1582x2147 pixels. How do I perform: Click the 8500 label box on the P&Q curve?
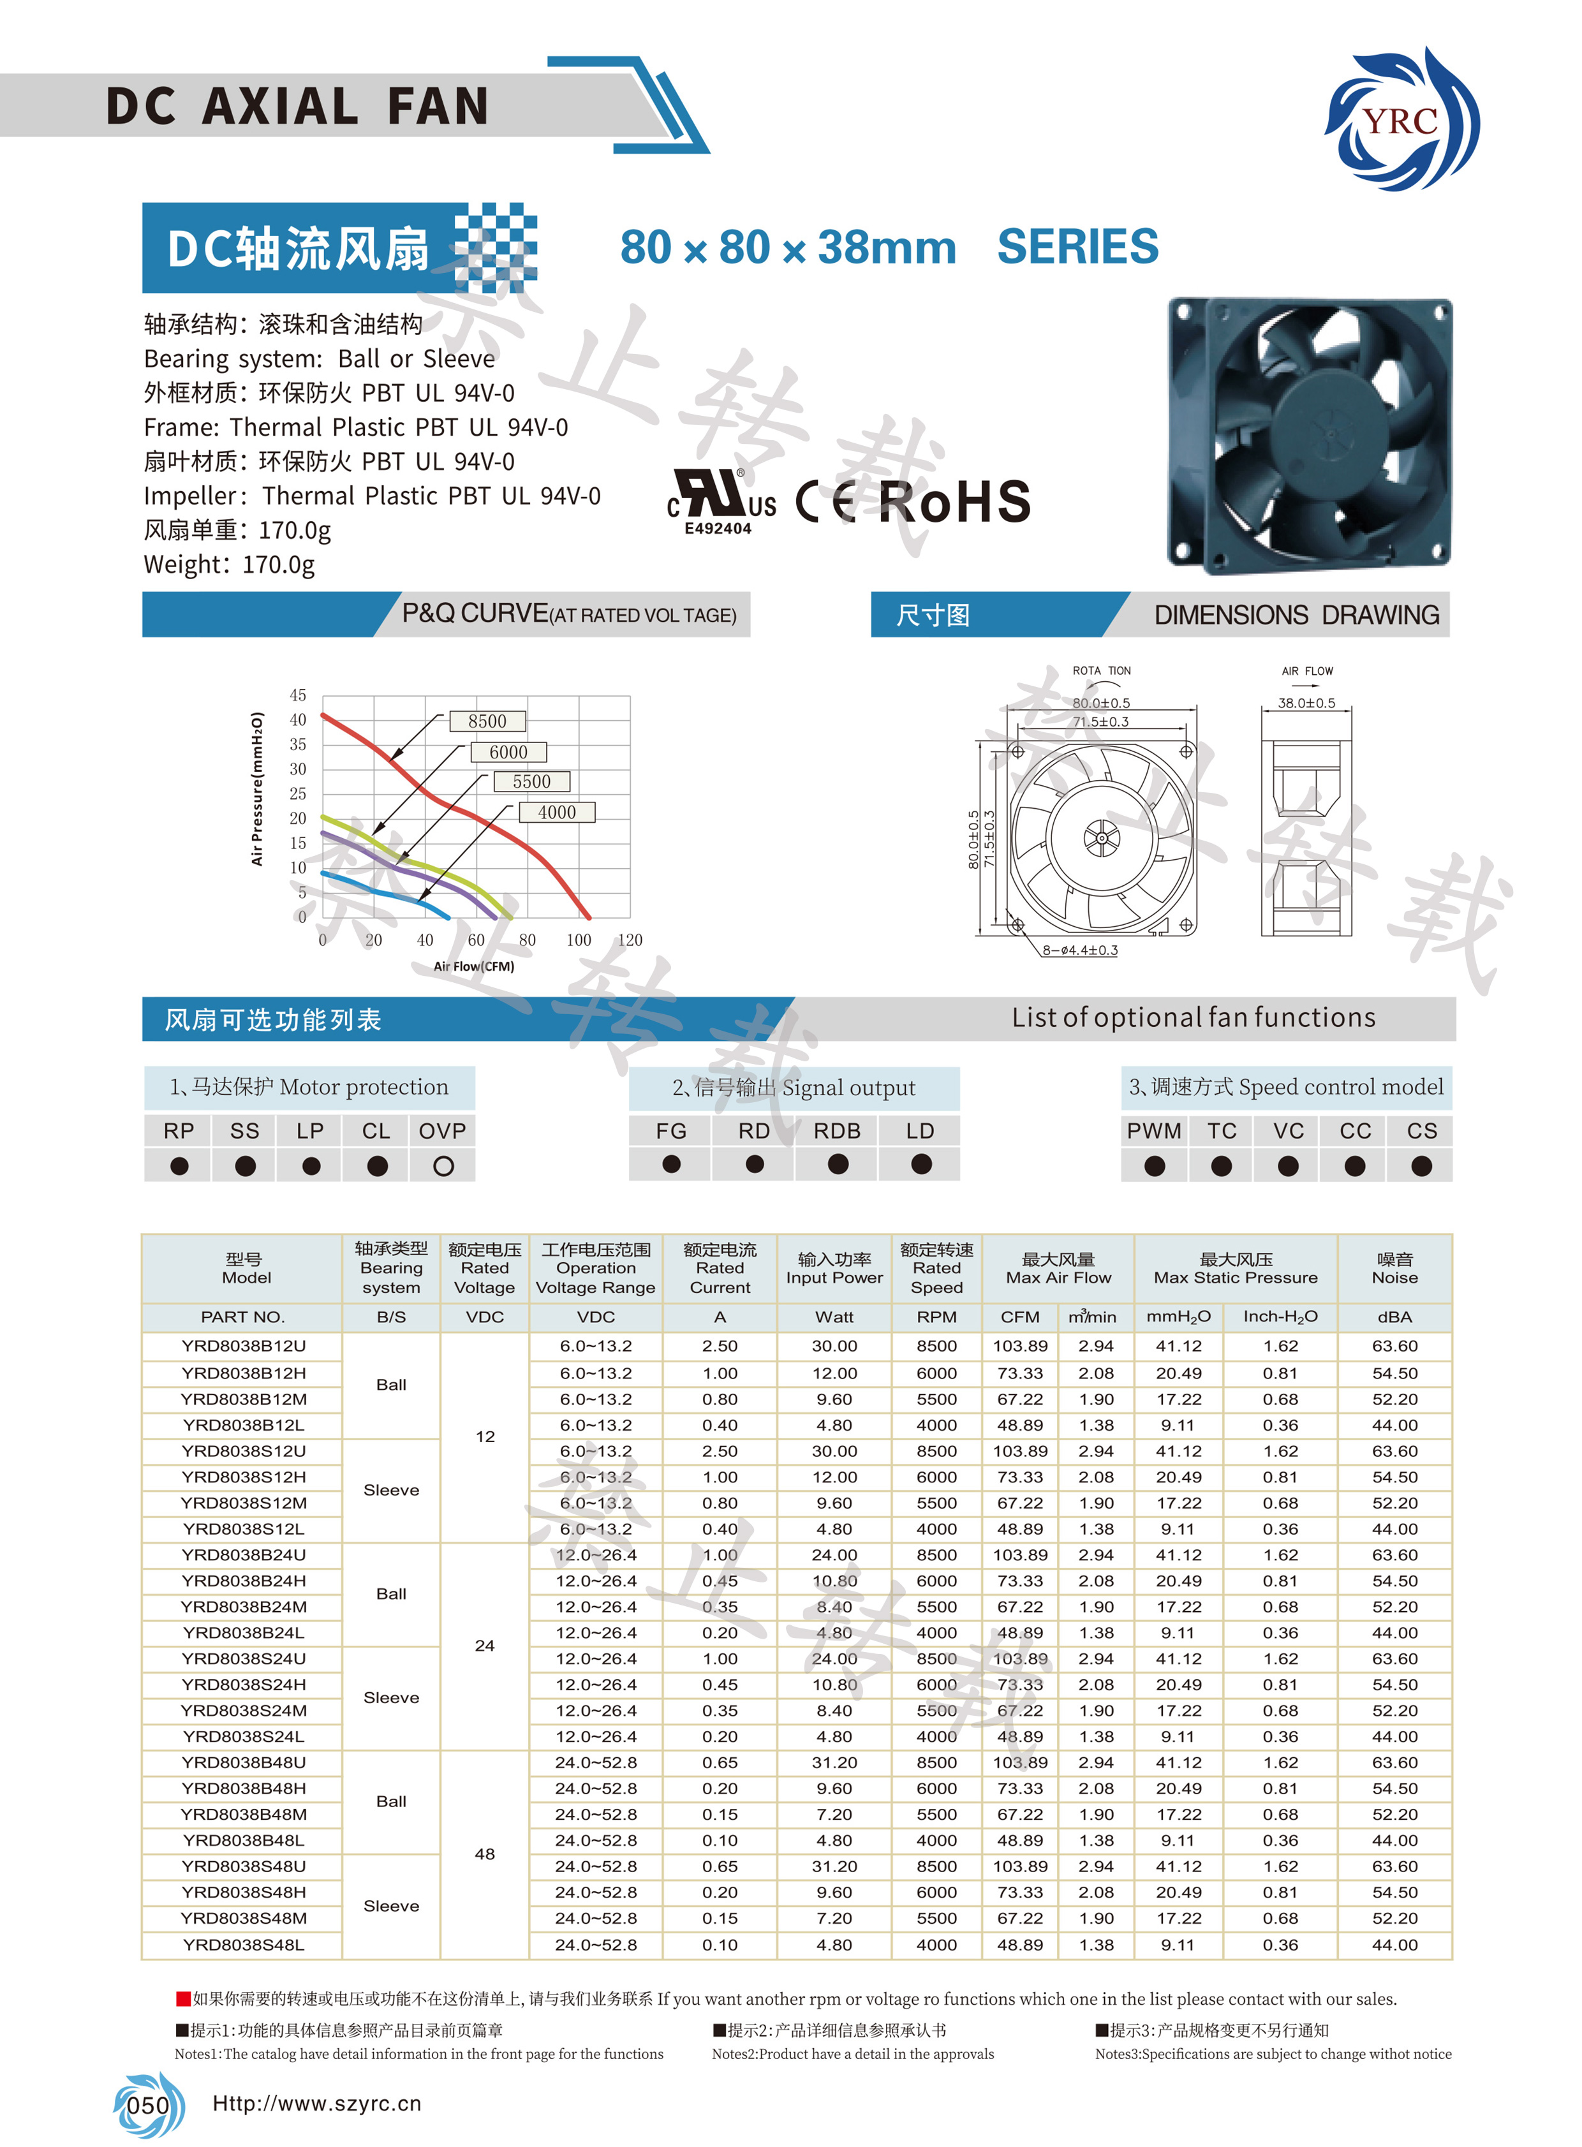[x=487, y=721]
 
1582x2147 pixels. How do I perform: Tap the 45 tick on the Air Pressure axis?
[x=298, y=695]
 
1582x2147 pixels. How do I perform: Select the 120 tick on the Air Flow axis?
[x=630, y=940]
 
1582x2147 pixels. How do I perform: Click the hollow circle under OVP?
[x=443, y=1167]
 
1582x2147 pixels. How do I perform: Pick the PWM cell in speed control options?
[x=1154, y=1131]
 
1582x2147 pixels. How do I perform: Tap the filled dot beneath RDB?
[x=838, y=1165]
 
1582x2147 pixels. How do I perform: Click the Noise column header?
[x=1394, y=1269]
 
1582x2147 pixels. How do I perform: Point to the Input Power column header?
[x=834, y=1269]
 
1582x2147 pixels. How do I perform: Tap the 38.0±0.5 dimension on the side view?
[x=1306, y=703]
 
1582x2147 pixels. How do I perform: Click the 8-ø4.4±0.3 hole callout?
[x=1080, y=950]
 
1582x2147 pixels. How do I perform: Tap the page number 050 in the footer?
[x=149, y=2105]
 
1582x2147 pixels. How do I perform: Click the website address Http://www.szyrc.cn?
[x=317, y=2104]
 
